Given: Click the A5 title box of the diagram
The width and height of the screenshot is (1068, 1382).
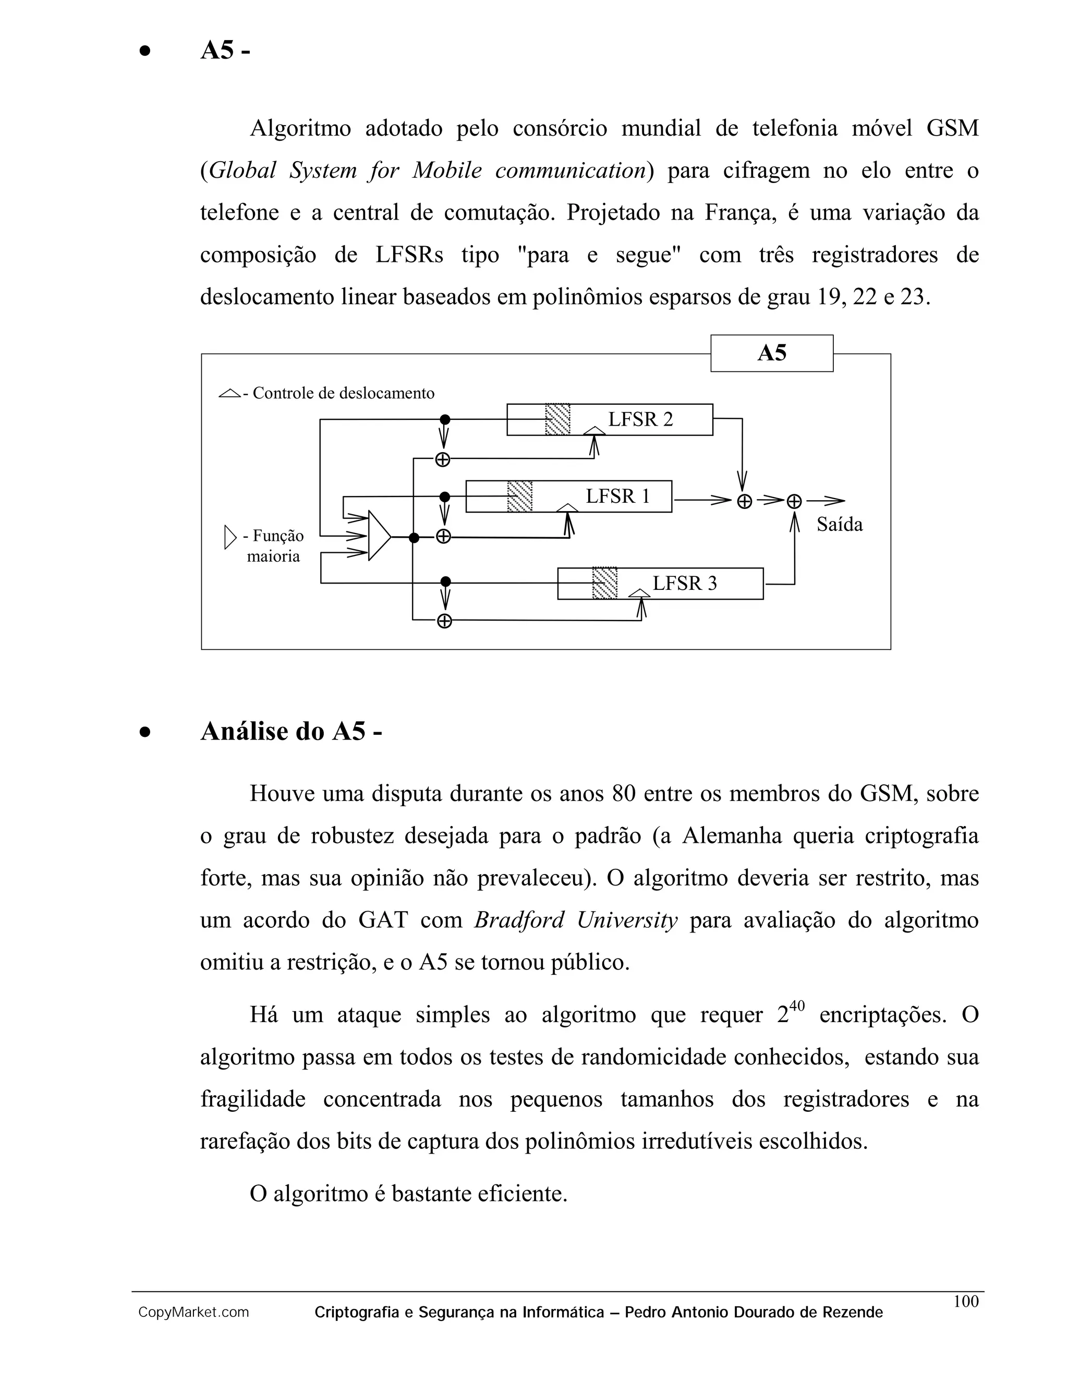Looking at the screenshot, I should (771, 353).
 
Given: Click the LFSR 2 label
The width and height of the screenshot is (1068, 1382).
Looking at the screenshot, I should (640, 419).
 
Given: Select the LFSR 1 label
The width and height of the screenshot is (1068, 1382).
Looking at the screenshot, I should (617, 495).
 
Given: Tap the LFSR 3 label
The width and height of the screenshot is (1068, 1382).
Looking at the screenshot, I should (685, 583).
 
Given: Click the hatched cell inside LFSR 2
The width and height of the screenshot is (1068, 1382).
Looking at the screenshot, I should (557, 419).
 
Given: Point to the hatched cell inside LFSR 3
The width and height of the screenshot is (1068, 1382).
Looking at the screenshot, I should (604, 583).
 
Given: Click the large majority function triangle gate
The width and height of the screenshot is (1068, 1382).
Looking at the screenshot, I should (379, 536).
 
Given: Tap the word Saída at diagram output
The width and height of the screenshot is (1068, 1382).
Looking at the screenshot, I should (839, 525).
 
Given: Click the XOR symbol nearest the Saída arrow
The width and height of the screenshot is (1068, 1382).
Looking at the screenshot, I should (794, 501).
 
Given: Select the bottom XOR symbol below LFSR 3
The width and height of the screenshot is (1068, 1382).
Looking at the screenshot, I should (445, 621).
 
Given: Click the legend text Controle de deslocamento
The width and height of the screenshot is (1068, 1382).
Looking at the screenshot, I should (343, 393).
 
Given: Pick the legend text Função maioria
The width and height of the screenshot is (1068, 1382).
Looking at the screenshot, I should (273, 545).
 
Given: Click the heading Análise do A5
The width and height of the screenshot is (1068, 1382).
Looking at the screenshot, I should (291, 732).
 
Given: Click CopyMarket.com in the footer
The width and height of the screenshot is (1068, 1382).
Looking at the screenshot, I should (193, 1313).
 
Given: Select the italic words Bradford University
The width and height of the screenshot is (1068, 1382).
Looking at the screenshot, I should (576, 920).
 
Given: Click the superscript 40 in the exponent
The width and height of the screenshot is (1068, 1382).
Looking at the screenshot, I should (797, 1005).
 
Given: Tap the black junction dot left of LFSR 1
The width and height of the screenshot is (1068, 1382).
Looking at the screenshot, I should (445, 496).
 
